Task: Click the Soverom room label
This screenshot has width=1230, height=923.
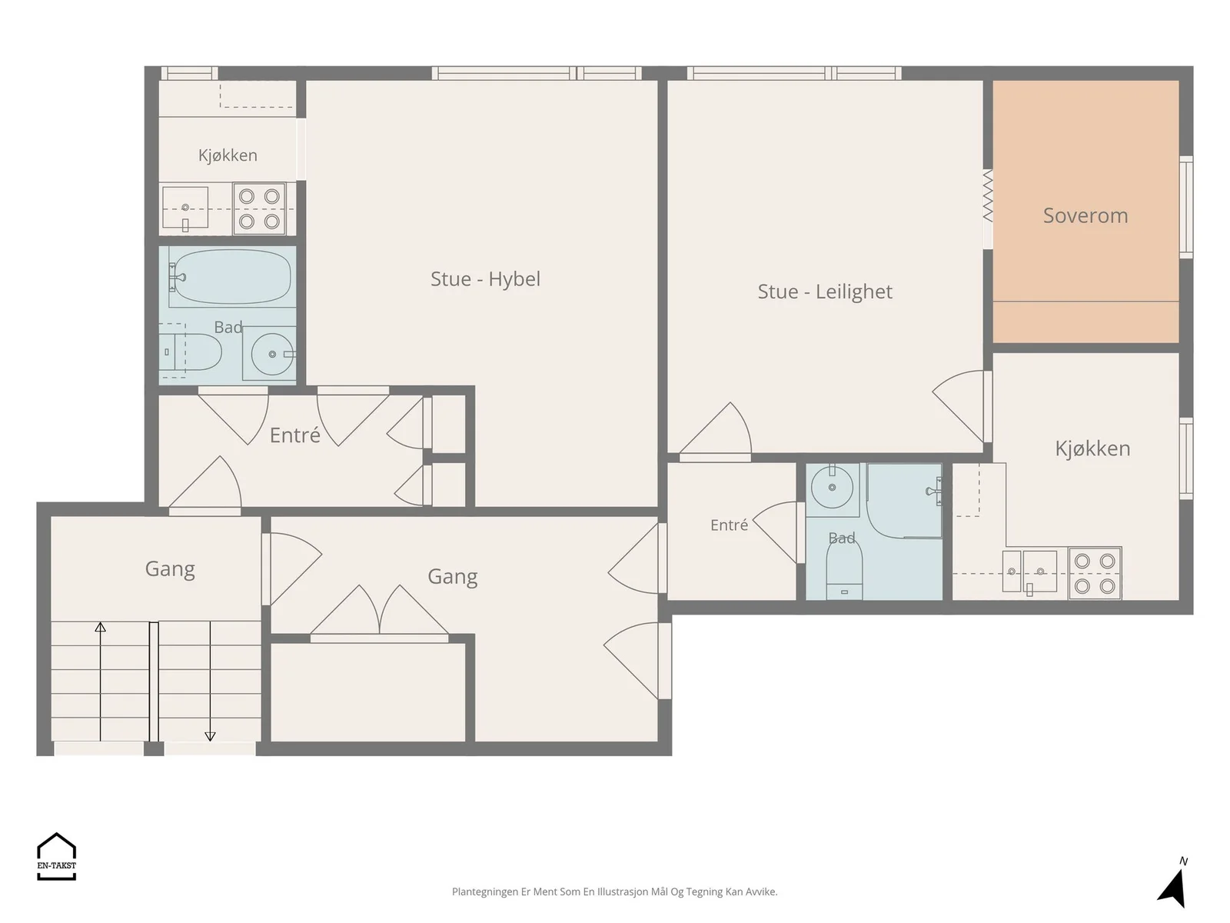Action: click(x=1085, y=216)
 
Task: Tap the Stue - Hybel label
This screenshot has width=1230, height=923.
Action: click(x=485, y=279)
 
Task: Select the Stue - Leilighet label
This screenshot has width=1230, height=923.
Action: click(x=825, y=292)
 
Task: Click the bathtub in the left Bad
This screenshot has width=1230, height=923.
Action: click(x=230, y=278)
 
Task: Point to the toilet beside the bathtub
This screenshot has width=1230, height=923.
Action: click(x=191, y=352)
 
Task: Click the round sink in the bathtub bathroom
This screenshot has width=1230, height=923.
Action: click(x=272, y=354)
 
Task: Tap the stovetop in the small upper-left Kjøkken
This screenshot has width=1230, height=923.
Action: click(x=259, y=209)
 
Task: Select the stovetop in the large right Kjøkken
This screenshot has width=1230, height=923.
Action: click(x=1095, y=573)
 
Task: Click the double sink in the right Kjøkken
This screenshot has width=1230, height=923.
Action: click(x=1029, y=571)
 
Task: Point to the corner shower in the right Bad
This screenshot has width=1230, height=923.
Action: click(x=904, y=501)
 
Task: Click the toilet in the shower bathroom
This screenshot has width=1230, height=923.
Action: click(x=844, y=569)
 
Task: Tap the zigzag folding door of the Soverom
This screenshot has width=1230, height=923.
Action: click(x=988, y=196)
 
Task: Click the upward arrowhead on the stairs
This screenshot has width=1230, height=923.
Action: click(x=100, y=627)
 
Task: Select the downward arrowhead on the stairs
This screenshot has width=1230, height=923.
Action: click(x=210, y=736)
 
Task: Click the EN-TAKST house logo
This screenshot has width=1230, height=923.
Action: click(x=57, y=856)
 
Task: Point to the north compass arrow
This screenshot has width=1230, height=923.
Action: click(x=1173, y=886)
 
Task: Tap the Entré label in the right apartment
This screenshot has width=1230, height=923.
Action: click(x=729, y=525)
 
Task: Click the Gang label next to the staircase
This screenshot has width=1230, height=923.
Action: click(x=170, y=569)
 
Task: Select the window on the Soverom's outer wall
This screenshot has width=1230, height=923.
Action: click(x=1185, y=208)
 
